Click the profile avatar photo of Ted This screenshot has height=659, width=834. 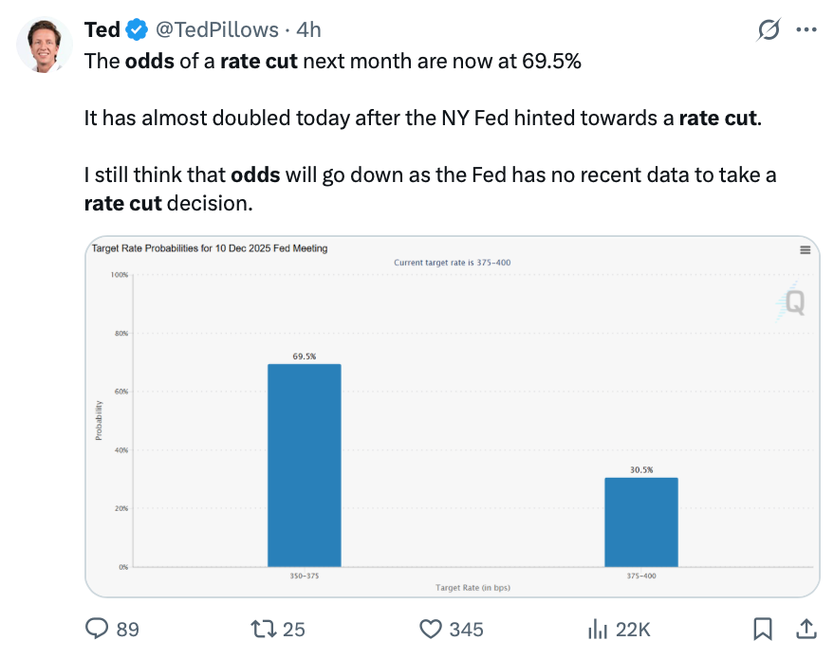45,45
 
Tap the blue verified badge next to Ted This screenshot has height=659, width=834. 136,30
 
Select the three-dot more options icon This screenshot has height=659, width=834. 806,30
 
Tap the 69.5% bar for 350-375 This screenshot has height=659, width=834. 304,465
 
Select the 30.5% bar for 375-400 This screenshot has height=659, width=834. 641,522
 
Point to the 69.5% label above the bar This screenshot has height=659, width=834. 304,357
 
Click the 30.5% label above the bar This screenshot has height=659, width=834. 641,469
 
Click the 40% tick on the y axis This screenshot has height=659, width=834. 120,450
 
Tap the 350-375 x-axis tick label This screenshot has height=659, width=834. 304,576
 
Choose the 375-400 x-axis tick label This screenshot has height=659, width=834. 641,576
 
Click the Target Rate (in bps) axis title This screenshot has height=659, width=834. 473,588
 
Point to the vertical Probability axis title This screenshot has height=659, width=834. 99,419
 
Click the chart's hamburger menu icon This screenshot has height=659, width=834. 805,250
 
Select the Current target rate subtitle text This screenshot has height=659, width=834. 453,262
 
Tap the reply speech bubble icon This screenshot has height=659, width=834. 98,629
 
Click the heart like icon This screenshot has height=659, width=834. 432,629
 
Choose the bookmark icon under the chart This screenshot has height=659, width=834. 761,629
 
